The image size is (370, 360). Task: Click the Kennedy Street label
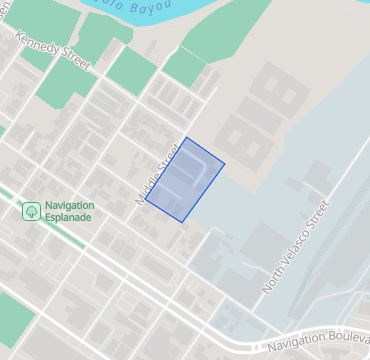[x=53, y=53]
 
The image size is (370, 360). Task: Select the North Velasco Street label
[x=296, y=247]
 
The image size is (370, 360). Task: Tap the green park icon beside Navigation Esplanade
[x=31, y=211]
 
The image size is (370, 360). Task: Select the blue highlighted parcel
[x=185, y=179]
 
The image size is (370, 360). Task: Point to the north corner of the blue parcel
[x=186, y=138]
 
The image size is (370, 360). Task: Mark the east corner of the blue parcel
[x=225, y=163]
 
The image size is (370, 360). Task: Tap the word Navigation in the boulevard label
[x=295, y=345]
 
